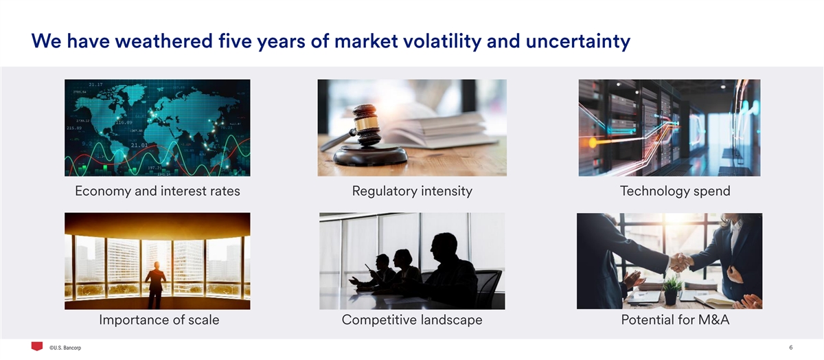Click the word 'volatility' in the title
point(442,41)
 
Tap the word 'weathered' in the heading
point(164,41)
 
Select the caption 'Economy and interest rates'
point(157,191)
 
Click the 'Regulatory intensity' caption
point(412,191)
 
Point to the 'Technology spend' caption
point(675,191)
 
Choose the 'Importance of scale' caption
point(159,319)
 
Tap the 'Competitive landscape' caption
point(412,319)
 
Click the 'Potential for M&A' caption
point(675,319)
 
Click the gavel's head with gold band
point(366,124)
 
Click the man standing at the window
point(155,285)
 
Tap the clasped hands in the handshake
point(680,262)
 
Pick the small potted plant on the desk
point(671,291)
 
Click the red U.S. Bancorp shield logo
point(37,346)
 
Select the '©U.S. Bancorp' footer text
point(65,348)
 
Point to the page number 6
point(791,348)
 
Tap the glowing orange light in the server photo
point(593,142)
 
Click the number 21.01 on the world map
point(139,146)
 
